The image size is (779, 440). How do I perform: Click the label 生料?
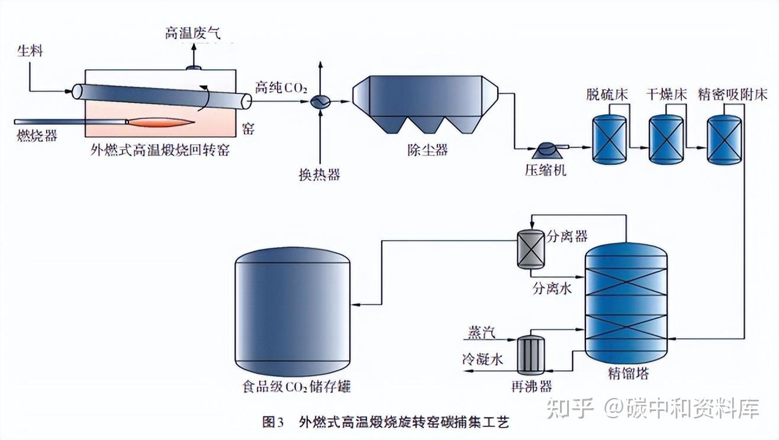[30, 51]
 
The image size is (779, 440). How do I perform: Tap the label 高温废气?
[192, 33]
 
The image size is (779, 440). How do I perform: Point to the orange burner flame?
[161, 122]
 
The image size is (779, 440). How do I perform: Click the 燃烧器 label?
[37, 135]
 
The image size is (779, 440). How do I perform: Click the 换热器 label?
[319, 174]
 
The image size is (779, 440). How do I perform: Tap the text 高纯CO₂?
[281, 88]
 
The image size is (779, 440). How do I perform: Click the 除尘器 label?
[427, 150]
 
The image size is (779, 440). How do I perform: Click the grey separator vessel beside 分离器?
[531, 249]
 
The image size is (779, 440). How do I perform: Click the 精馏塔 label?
[629, 373]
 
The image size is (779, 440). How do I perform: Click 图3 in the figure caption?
[273, 422]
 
